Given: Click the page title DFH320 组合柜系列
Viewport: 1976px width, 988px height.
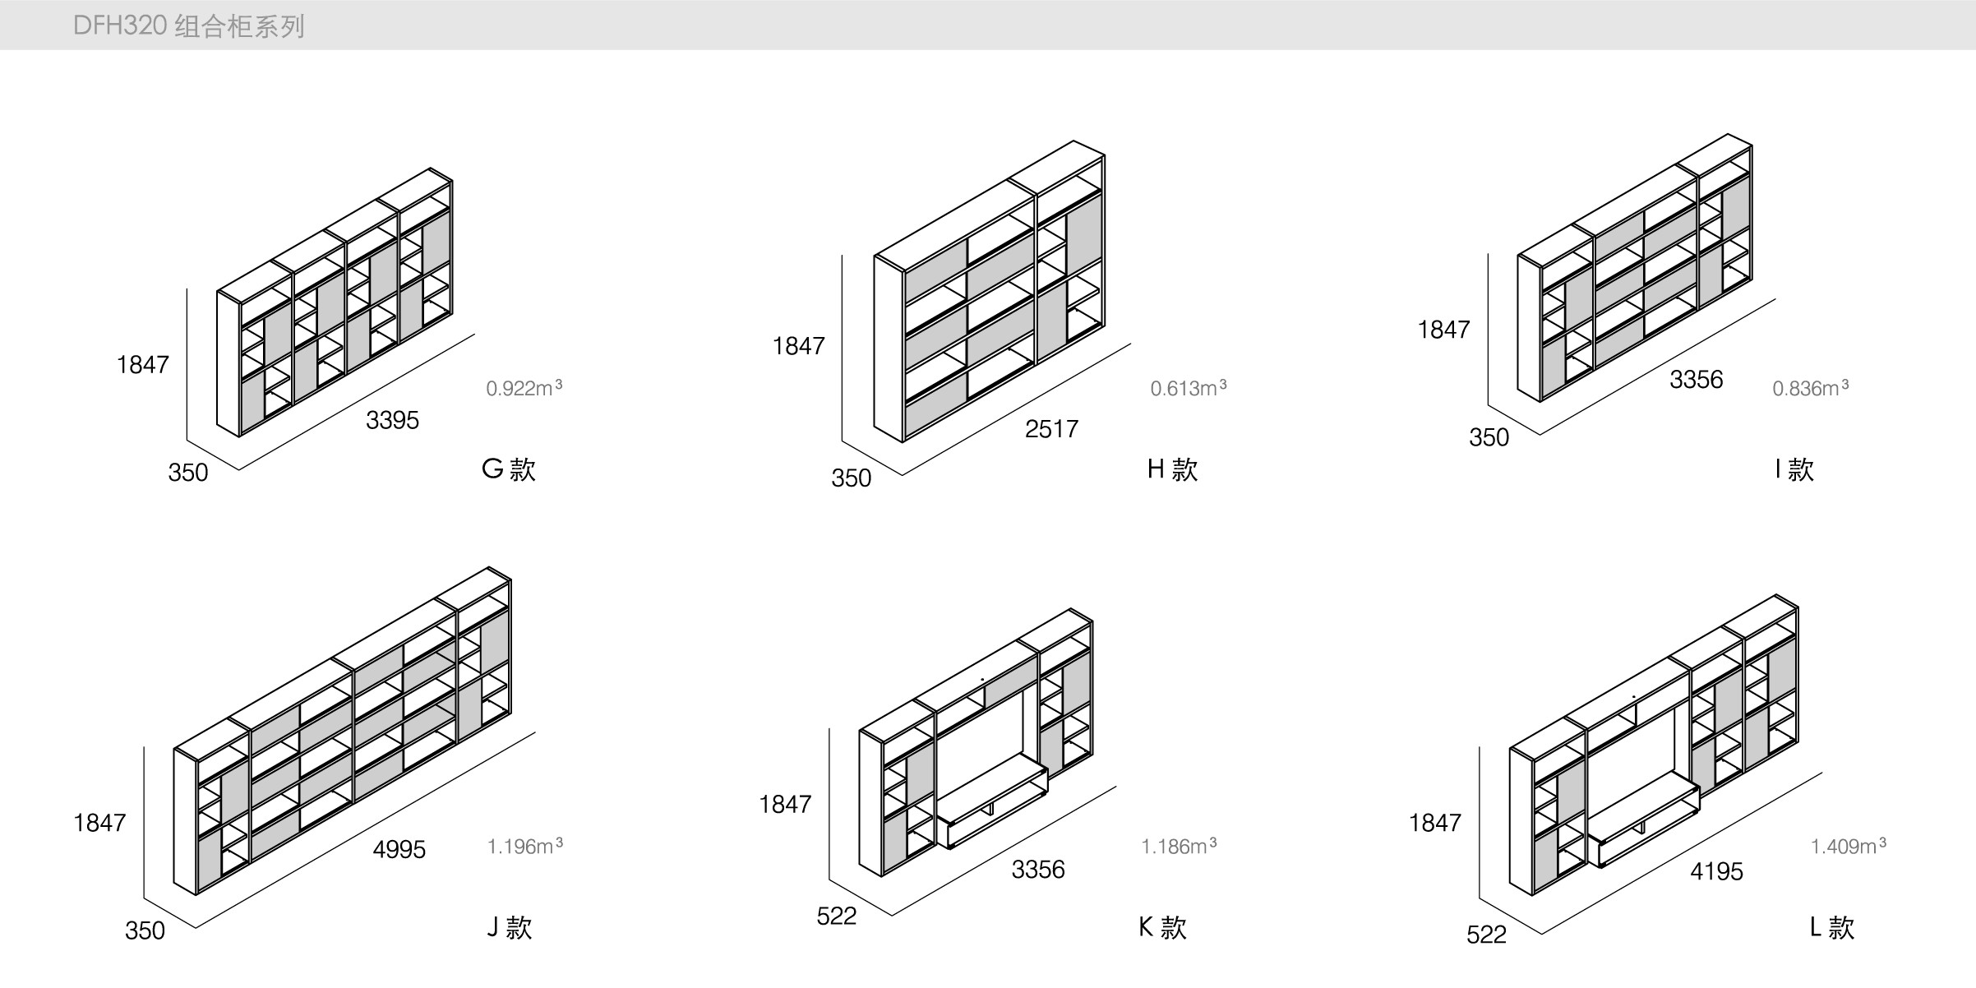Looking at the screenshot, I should coord(188,26).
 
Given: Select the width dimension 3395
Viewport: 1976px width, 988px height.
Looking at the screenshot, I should coord(392,420).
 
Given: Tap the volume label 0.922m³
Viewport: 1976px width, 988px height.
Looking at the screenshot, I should coord(524,388).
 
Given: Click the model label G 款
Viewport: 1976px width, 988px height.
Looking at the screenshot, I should coord(508,469).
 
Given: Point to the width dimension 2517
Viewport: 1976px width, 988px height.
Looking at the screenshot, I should coord(1051,428).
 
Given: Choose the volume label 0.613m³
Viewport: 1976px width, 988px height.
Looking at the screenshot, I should coord(1188,388).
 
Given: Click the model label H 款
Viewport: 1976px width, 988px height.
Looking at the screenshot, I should coord(1172,469).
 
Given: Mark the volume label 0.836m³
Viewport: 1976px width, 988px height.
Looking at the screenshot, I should coord(1810,388).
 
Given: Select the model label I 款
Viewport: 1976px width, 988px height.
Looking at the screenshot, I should coord(1794,469).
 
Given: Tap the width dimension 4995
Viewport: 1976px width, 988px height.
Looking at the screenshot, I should coord(399,849).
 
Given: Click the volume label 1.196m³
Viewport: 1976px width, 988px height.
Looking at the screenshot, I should coord(524,846).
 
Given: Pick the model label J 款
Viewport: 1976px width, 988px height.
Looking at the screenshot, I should coord(509,928).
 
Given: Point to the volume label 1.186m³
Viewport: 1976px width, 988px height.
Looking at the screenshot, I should coord(1179,846).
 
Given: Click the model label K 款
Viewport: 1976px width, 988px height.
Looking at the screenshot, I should coord(1162,928).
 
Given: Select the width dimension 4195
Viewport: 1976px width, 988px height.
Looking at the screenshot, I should coord(1716,871).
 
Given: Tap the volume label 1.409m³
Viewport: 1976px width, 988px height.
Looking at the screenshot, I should coord(1848,846).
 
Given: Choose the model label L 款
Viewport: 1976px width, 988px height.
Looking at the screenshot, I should coord(1832,928).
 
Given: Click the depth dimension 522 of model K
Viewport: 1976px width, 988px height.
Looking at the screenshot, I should coord(837,916).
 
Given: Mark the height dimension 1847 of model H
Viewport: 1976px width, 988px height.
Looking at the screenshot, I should coord(798,346).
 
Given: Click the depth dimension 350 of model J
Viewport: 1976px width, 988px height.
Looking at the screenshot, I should coord(145,930).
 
